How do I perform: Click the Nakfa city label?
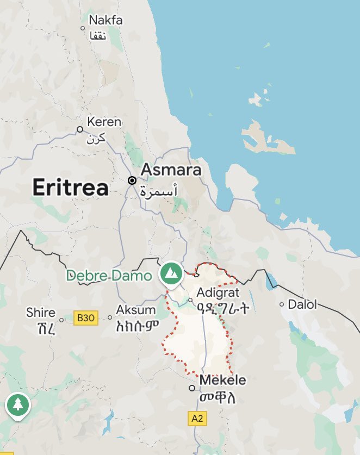(105, 21)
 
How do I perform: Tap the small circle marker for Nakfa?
(83, 28)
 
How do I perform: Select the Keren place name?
(104, 122)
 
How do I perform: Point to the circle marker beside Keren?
(80, 129)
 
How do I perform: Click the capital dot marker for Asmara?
(132, 180)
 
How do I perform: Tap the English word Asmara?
(171, 170)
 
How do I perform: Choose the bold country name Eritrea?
(70, 188)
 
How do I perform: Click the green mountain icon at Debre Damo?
(172, 272)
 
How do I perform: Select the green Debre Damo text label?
(109, 276)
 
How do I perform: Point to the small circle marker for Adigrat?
(190, 300)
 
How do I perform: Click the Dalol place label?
(302, 304)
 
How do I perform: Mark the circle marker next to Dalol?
(282, 304)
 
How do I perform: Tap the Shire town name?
(41, 313)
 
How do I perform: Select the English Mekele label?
(223, 380)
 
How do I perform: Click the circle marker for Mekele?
(191, 388)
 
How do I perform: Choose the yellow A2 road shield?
(197, 419)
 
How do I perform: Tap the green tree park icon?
(18, 404)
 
